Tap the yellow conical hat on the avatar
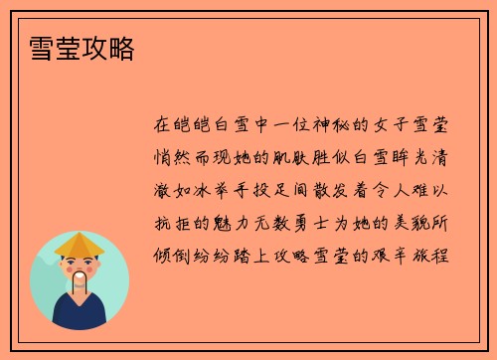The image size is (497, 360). (x=79, y=244)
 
